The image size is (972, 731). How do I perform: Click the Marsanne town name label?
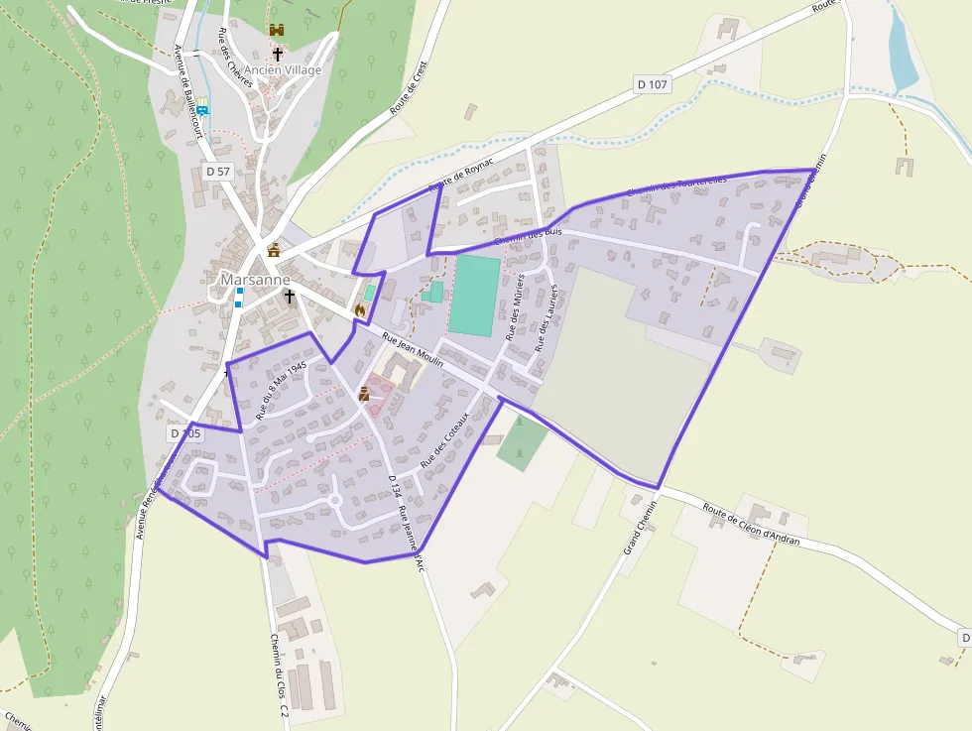[x=255, y=280]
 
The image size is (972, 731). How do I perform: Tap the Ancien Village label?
[x=284, y=70]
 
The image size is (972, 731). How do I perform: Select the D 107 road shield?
[x=652, y=84]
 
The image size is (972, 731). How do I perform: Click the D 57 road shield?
[x=218, y=171]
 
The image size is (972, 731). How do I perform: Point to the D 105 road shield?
[x=184, y=433]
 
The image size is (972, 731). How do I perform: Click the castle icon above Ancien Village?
[x=276, y=32]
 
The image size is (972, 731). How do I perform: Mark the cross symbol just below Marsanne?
[x=290, y=296]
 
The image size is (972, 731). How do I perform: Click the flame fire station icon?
[x=359, y=310]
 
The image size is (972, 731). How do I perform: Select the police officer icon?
[x=364, y=394]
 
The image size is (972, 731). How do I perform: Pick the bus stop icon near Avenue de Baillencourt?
[x=202, y=109]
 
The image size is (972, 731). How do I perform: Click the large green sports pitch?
[x=474, y=296]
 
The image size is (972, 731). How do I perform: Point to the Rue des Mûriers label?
[x=516, y=309]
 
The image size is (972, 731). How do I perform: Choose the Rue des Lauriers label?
[x=546, y=317]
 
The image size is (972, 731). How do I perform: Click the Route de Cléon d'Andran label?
[x=752, y=523]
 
